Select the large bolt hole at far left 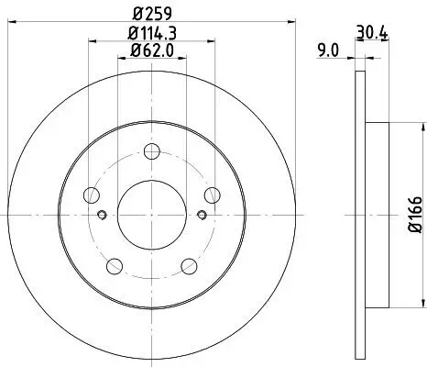click(x=92, y=195)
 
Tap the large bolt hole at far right click(x=212, y=195)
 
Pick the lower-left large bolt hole click(x=115, y=266)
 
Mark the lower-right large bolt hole click(x=189, y=266)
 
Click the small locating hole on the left click(x=102, y=216)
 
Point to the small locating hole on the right click(x=202, y=216)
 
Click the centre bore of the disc click(x=152, y=215)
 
